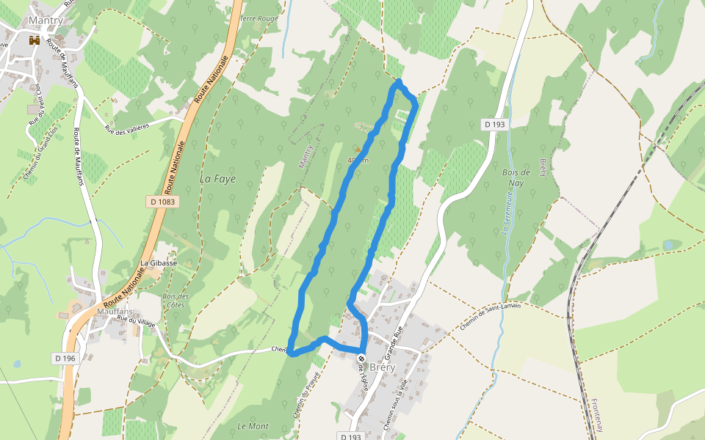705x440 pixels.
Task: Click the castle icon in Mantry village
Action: coord(33,41)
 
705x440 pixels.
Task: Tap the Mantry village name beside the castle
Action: coord(45,21)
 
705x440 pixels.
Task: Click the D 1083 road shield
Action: coord(163,200)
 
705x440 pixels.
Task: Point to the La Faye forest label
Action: coord(218,178)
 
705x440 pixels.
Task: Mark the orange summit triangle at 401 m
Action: coord(358,149)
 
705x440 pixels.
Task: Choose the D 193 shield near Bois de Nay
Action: coord(496,125)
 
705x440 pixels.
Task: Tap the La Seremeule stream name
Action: coord(506,212)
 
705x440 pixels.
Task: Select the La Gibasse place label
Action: coord(159,263)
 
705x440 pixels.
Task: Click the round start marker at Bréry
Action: coord(361,359)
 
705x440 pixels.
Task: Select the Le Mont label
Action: coord(253,426)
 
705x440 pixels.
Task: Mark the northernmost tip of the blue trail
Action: coord(399,81)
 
